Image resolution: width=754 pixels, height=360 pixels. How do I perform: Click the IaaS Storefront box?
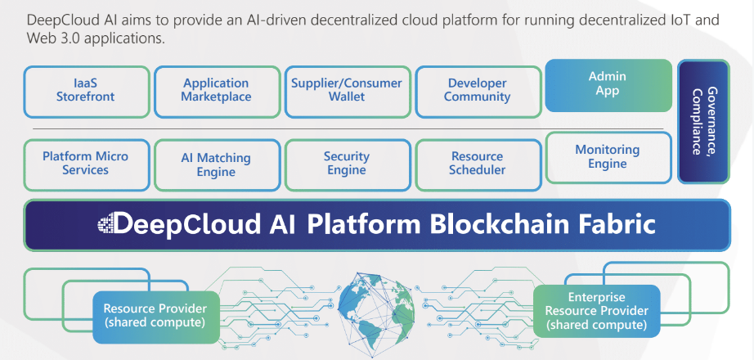click(x=85, y=90)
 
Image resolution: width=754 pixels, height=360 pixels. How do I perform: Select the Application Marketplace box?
click(x=216, y=90)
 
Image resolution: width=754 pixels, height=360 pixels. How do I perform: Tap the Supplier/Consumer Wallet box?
click(x=347, y=90)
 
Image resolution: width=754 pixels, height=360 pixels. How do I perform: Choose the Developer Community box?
click(x=478, y=90)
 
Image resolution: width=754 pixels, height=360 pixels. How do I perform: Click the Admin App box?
click(x=607, y=83)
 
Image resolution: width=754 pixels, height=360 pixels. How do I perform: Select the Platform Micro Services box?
click(x=85, y=163)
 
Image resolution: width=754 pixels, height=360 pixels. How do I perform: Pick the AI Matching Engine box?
click(x=216, y=164)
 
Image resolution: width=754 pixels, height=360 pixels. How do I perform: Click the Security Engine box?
click(x=347, y=163)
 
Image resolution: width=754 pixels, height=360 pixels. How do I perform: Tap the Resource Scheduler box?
click(x=478, y=163)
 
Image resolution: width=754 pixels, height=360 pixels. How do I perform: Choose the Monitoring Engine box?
click(x=607, y=156)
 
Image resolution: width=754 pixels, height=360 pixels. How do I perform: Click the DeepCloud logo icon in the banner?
click(x=106, y=223)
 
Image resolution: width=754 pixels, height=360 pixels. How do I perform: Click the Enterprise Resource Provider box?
click(x=596, y=311)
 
